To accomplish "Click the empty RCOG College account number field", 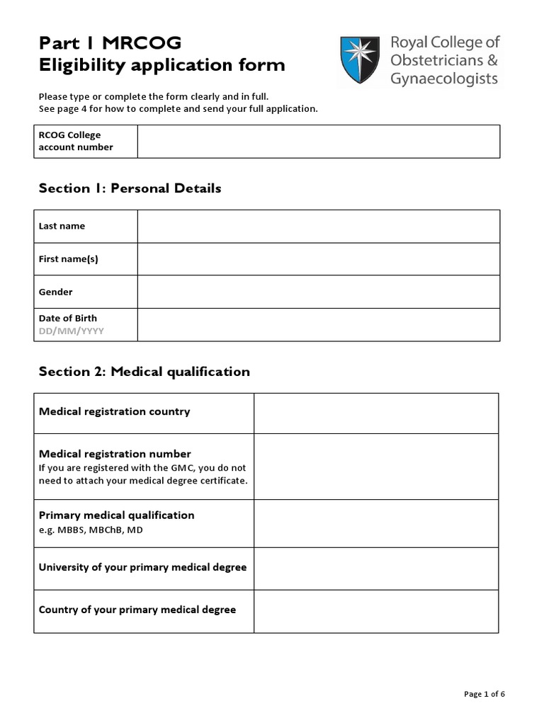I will coord(319,141).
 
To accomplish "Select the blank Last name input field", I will coord(319,226).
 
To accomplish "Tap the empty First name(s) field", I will coord(319,258).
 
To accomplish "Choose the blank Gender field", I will coord(319,292).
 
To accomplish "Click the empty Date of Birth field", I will coord(319,324).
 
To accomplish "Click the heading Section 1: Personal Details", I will coord(130,188).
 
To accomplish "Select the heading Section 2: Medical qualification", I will coord(144,372).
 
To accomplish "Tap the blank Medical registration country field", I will coord(376,413).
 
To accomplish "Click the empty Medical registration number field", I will coord(376,467).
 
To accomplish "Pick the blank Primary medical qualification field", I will coord(376,522).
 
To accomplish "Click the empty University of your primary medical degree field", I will coord(376,567).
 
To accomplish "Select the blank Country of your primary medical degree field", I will coord(376,611).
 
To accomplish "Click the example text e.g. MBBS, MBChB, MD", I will coord(91,530).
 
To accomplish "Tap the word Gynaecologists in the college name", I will coord(443,79).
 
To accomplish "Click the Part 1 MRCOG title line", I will coord(110,43).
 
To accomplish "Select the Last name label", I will coord(62,226).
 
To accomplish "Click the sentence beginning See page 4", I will coord(178,108).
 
